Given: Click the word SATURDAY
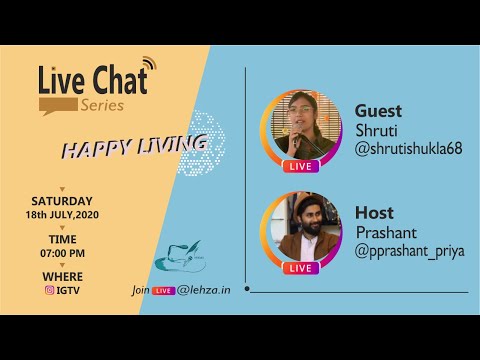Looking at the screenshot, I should pyautogui.click(x=62, y=200).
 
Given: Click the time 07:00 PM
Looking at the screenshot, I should pyautogui.click(x=62, y=253).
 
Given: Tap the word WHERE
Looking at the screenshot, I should pyautogui.click(x=62, y=277).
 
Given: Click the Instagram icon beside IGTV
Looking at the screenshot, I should pyautogui.click(x=48, y=291).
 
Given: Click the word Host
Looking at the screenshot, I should pyautogui.click(x=374, y=213).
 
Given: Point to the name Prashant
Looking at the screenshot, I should pyautogui.click(x=384, y=233).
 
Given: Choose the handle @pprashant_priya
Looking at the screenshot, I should pyautogui.click(x=409, y=251).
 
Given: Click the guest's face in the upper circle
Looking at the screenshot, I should pyautogui.click(x=300, y=110).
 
